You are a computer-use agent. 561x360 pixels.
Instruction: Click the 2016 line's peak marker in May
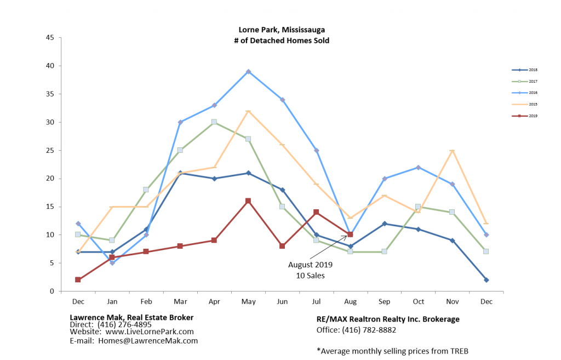[x=248, y=71]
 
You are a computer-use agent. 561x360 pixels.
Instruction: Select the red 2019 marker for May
[x=248, y=201]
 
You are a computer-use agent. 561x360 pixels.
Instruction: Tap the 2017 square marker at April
[x=214, y=122]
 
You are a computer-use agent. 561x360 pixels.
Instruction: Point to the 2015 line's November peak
[x=452, y=151]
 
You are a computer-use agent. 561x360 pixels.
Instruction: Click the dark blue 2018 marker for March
[x=180, y=173]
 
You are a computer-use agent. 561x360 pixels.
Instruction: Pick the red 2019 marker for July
[x=316, y=212]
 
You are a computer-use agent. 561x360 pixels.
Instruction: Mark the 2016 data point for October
[x=418, y=167]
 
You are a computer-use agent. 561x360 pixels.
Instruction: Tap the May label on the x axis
[x=248, y=301]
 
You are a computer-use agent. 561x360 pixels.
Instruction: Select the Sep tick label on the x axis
[x=384, y=301]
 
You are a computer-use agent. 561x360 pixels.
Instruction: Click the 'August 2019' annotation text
[x=310, y=265]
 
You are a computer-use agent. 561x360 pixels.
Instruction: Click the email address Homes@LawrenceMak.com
[x=148, y=340]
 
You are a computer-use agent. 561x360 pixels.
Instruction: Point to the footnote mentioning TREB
[x=392, y=351]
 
